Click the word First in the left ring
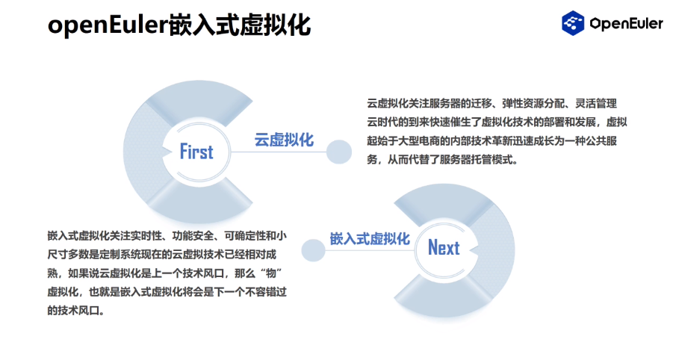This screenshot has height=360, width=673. pyautogui.click(x=196, y=152)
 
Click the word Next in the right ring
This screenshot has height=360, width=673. pyautogui.click(x=444, y=247)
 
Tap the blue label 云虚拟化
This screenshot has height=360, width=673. pyautogui.click(x=284, y=140)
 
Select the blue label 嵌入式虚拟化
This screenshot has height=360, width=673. pyautogui.click(x=370, y=238)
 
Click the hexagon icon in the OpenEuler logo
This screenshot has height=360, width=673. pyautogui.click(x=573, y=22)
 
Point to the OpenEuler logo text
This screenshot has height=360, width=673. pyautogui.click(x=626, y=23)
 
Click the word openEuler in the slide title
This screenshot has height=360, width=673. pyautogui.click(x=108, y=25)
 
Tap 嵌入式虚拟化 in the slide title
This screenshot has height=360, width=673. pyautogui.click(x=240, y=25)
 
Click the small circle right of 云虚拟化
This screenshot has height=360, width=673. pyautogui.click(x=339, y=152)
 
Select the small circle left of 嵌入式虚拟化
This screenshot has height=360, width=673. pyautogui.click(x=313, y=250)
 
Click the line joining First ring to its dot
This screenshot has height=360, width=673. pyautogui.click(x=279, y=152)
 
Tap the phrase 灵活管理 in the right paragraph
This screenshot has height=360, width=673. pyautogui.click(x=596, y=103)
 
